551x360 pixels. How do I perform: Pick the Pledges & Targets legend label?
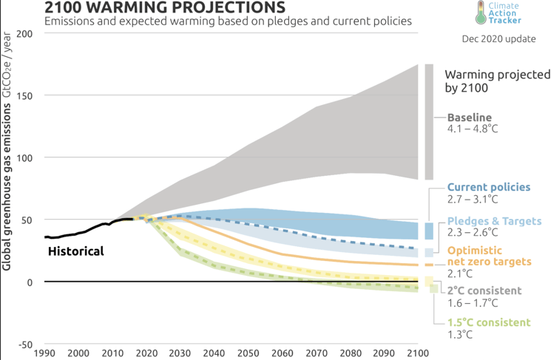pyautogui.click(x=495, y=221)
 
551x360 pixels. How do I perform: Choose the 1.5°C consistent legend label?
pyautogui.click(x=489, y=322)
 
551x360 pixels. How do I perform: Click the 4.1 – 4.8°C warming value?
pyautogui.click(x=473, y=129)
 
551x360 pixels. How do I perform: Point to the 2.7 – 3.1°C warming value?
pyautogui.click(x=473, y=200)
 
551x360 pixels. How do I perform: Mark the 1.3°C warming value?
pyautogui.click(x=461, y=334)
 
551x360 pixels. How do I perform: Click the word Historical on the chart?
pyautogui.click(x=76, y=251)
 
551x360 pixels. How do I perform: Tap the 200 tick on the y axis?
pyautogui.click(x=24, y=34)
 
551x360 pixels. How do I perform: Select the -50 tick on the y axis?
pyautogui.click(x=24, y=344)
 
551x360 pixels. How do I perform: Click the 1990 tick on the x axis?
pyautogui.click(x=45, y=353)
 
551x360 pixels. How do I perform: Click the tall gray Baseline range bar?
pyautogui.click(x=429, y=122)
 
